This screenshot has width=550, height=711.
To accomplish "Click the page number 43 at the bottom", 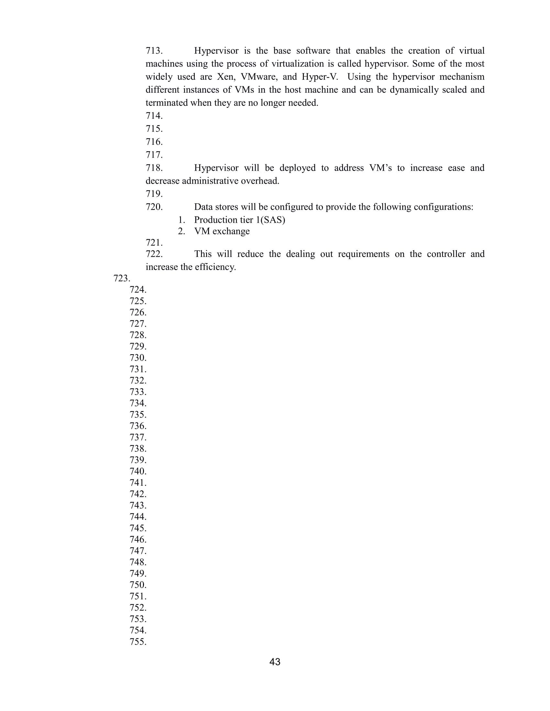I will click(x=275, y=662).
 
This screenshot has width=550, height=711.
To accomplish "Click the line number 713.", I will click(x=154, y=51).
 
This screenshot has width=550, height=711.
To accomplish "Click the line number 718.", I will click(x=154, y=168).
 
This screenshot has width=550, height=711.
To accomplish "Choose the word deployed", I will click(x=297, y=168).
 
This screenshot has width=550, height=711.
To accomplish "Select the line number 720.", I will click(x=154, y=207).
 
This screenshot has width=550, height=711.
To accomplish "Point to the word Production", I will click(x=216, y=220).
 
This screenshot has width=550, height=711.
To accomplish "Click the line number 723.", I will click(x=122, y=278).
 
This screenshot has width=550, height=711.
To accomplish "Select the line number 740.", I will click(x=138, y=472).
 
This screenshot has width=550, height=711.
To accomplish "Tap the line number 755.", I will click(x=138, y=642).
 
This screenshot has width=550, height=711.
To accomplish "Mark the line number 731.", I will click(x=138, y=369).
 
